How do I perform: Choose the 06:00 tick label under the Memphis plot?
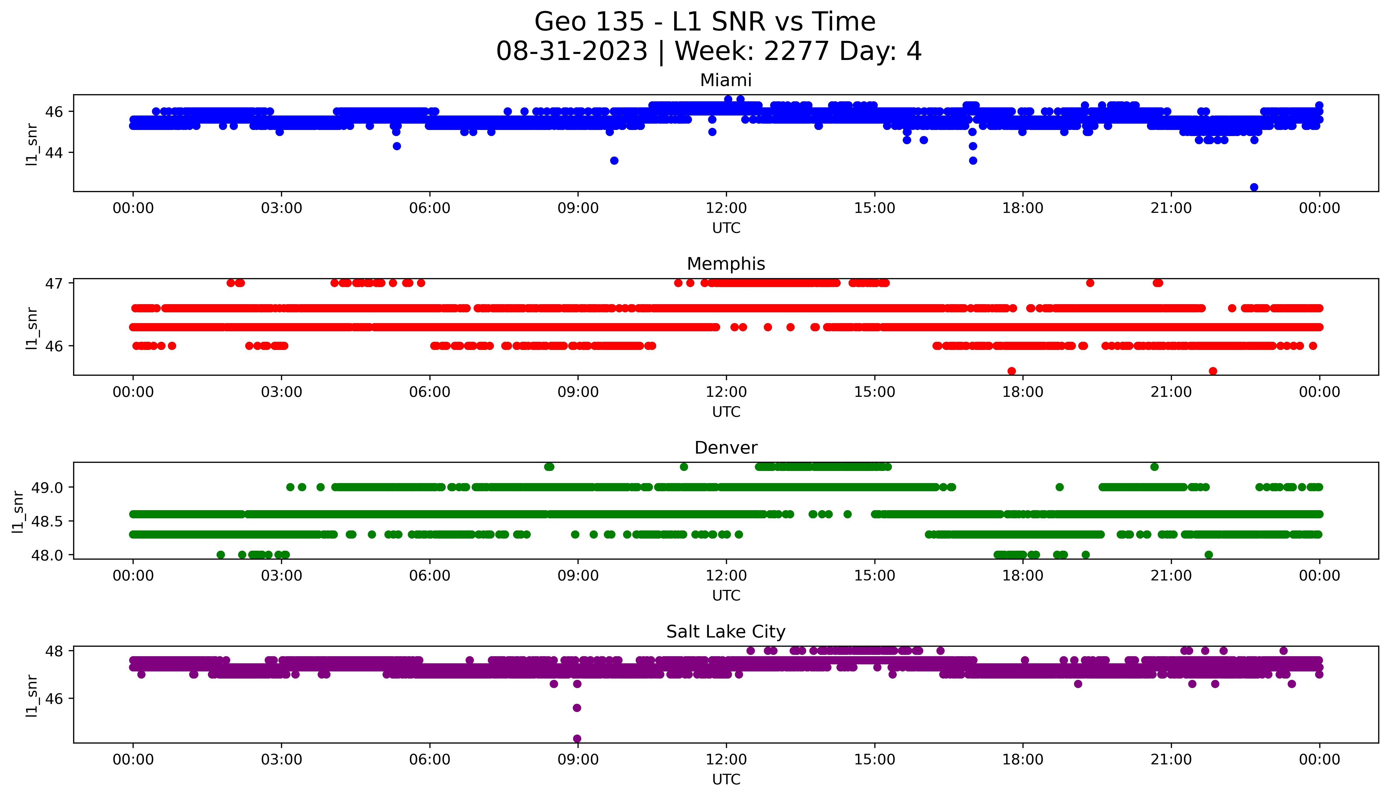tap(430, 392)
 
